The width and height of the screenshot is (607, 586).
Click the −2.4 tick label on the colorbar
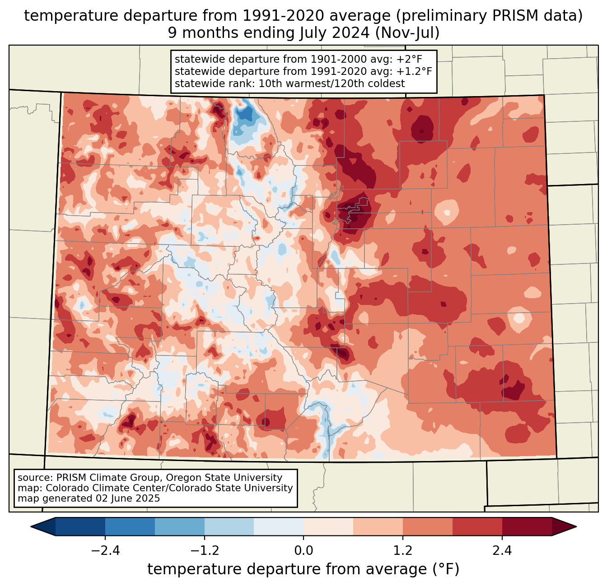(105, 551)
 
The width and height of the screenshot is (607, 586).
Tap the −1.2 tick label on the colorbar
(204, 551)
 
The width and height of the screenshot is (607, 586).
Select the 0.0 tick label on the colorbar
(303, 551)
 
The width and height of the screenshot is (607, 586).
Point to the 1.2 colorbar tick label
(403, 551)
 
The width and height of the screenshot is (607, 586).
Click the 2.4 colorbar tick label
(502, 551)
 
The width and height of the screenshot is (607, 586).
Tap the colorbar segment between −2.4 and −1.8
(130, 526)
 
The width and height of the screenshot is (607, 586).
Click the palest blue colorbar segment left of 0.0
(279, 526)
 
